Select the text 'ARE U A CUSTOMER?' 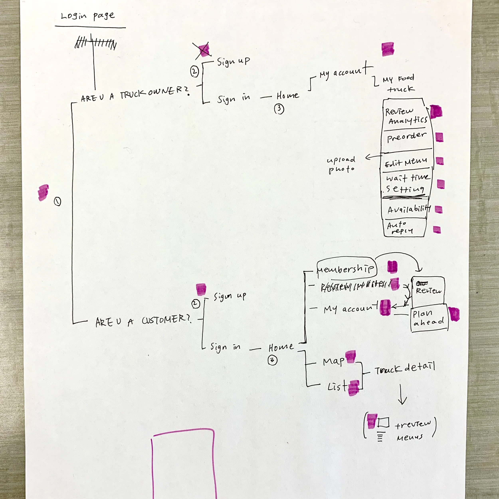click(x=143, y=321)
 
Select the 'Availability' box click(x=407, y=209)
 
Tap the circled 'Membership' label click(x=346, y=269)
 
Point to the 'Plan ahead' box click(x=429, y=318)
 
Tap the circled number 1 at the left click(x=57, y=201)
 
